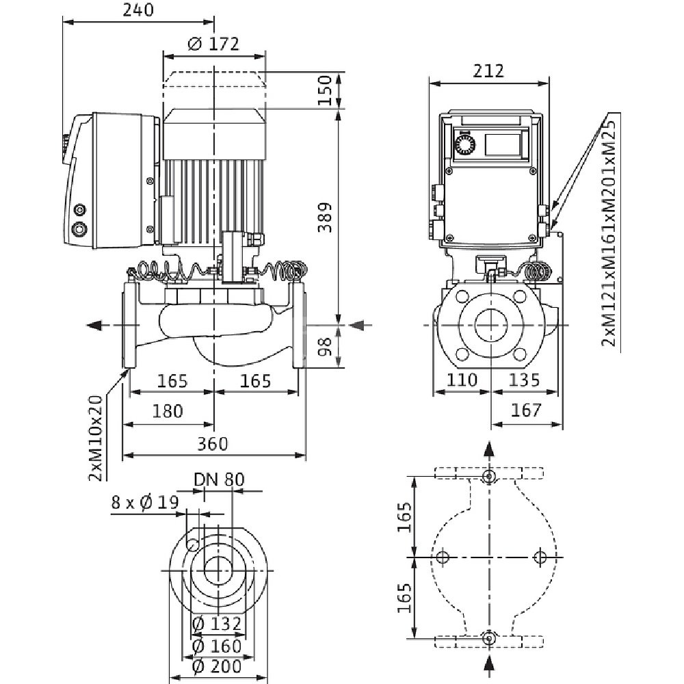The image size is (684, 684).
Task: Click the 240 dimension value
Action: pos(137,10)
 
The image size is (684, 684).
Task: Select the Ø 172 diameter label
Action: pos(213,44)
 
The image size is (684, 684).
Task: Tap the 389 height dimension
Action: pos(328,217)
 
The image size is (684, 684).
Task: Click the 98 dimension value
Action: pos(328,347)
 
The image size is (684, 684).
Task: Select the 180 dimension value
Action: pos(168,411)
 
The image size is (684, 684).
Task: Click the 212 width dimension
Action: pos(488,70)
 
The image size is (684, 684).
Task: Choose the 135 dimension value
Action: pos(523,380)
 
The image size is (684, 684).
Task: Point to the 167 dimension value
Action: pos(527,411)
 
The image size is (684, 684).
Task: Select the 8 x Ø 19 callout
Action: pos(145,503)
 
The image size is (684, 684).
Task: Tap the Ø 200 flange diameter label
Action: pos(217,666)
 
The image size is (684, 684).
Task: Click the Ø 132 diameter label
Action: pos(217,624)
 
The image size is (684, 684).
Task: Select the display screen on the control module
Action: pos(504,144)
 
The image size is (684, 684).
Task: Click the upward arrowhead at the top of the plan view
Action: pos(488,450)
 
